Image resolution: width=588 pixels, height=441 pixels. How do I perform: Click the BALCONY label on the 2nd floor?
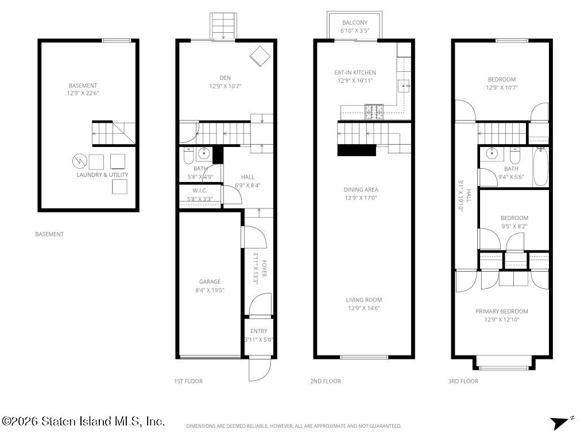(x=355, y=22)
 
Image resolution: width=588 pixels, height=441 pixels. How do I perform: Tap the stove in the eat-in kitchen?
(x=374, y=112)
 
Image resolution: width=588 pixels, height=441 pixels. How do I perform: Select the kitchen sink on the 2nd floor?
(x=404, y=86)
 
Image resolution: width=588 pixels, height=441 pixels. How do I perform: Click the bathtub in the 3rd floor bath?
(x=540, y=167)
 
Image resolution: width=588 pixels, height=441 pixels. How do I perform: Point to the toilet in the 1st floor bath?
(x=188, y=156)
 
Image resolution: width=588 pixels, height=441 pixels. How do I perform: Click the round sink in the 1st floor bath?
(x=204, y=153)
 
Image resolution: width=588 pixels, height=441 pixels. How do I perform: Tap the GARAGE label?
(x=210, y=281)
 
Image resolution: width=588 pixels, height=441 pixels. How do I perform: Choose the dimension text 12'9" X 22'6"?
(x=83, y=94)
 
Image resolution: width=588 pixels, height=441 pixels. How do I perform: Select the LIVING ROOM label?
(x=363, y=300)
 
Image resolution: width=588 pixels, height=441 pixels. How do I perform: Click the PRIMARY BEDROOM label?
(x=501, y=311)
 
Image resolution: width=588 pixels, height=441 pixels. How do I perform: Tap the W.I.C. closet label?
(x=200, y=191)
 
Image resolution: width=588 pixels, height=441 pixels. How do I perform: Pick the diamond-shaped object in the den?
(x=260, y=56)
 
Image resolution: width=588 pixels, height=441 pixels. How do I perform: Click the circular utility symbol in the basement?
(x=80, y=161)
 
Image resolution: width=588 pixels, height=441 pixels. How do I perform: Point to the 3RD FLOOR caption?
(x=463, y=381)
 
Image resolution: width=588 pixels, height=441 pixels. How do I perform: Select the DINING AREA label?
(x=361, y=189)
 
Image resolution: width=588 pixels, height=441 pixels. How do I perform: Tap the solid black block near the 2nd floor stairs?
(x=357, y=150)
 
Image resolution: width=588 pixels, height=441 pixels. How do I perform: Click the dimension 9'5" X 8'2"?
(x=514, y=226)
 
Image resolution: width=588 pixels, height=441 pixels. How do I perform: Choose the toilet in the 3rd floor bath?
(x=515, y=155)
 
